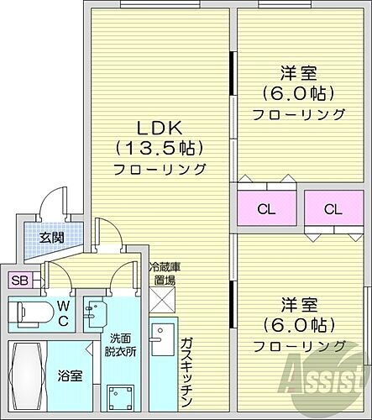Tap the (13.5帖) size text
(160, 149)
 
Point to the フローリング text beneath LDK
(160, 169)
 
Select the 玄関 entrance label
(51, 238)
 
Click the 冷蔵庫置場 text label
(162, 273)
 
